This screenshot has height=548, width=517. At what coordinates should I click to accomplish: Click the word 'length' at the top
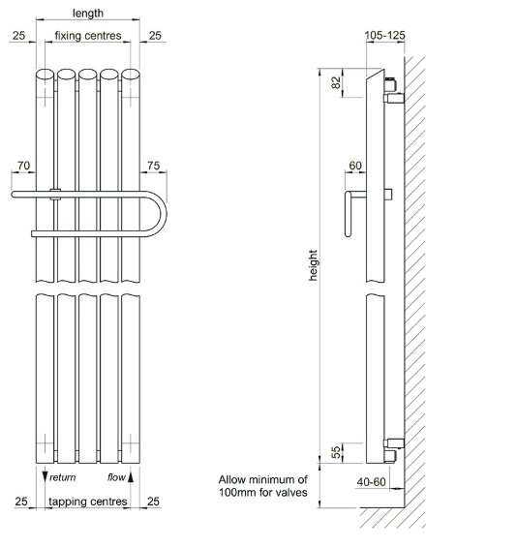88,14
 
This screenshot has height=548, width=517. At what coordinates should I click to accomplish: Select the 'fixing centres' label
88,36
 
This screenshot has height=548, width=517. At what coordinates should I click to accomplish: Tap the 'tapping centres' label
88,502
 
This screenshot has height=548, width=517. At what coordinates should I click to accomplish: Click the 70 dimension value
23,166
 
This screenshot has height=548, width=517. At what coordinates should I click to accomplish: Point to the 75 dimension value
154,166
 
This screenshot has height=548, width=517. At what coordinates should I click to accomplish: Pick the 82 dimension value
335,82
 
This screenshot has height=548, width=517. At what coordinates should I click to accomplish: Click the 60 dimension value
355,166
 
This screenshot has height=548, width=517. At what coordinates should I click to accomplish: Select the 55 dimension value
335,452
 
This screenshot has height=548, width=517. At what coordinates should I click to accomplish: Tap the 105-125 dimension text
385,35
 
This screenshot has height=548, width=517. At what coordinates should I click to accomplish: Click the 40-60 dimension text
371,482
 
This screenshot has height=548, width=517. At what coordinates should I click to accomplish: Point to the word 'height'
313,265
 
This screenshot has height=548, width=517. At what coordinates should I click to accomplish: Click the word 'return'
63,477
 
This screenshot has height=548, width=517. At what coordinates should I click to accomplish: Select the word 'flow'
116,477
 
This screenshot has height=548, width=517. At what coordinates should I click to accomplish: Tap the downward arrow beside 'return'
45,477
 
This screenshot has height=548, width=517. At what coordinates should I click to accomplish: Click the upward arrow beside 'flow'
131,477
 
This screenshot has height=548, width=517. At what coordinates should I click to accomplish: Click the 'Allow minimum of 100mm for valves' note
263,486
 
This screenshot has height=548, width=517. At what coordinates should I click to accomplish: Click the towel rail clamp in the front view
55,195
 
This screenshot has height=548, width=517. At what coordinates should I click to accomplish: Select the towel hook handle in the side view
349,214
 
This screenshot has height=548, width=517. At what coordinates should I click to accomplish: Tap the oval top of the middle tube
88,75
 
